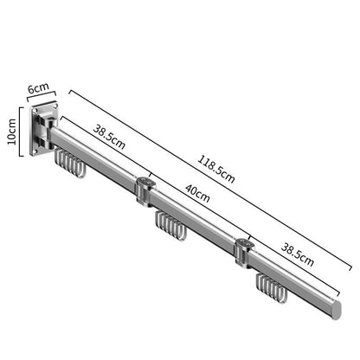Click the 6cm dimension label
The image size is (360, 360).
[x=39, y=87]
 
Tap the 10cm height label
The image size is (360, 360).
[x=12, y=132]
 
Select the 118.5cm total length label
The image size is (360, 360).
[x=216, y=169]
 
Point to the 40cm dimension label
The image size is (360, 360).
[x=197, y=193]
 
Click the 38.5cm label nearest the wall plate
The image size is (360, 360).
[x=109, y=137]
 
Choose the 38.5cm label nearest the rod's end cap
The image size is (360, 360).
[x=298, y=254]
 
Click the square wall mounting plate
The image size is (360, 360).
[x=44, y=129]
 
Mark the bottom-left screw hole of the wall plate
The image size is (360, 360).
[x=35, y=151]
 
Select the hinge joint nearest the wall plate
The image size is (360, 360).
[x=145, y=191]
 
